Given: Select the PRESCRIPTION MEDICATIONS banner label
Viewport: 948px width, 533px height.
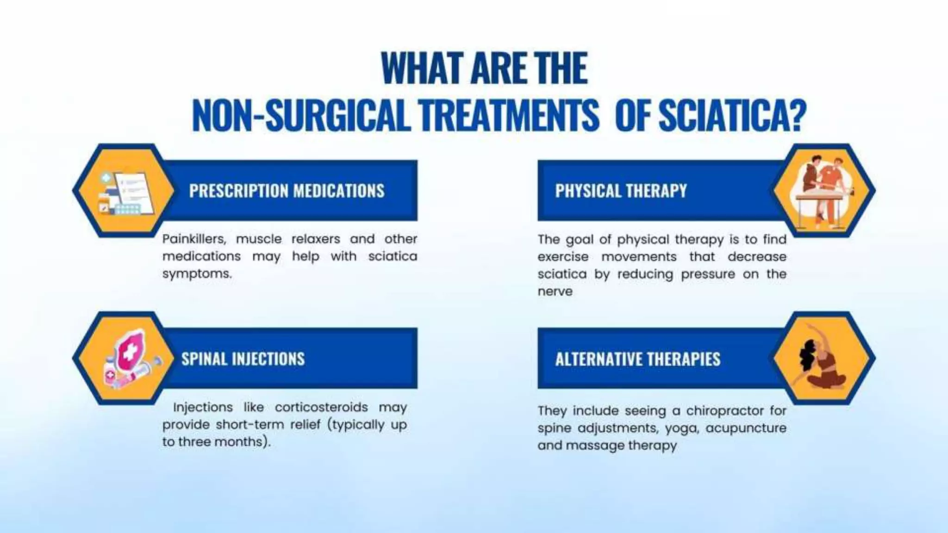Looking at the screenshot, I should (x=287, y=191).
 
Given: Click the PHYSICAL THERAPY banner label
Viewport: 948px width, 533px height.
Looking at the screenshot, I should (x=621, y=191).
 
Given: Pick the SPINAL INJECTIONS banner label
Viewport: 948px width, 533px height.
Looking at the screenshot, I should (x=243, y=359).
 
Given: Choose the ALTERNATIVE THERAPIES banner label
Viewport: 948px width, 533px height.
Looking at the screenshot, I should (x=638, y=359).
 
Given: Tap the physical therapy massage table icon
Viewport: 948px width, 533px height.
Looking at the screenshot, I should (x=823, y=191).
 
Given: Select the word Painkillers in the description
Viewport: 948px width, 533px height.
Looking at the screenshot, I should (x=194, y=239).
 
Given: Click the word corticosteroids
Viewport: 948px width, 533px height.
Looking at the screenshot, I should (x=321, y=407).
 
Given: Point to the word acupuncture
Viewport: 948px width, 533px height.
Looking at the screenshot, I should (x=746, y=428).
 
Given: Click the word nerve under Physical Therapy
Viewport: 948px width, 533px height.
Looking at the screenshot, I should (x=555, y=291).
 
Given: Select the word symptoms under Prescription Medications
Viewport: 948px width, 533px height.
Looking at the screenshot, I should (x=196, y=274).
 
